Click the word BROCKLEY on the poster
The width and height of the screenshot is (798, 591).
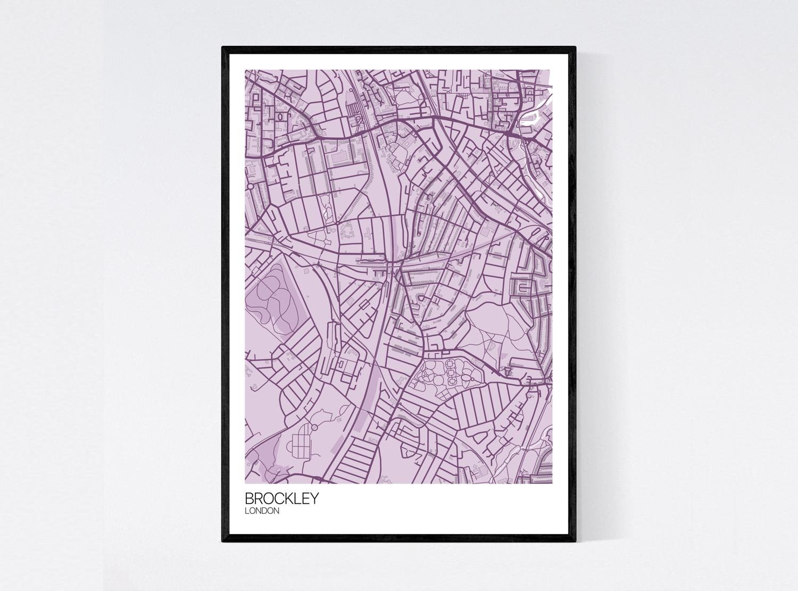(281, 499)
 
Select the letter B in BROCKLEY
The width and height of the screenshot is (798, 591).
(249, 499)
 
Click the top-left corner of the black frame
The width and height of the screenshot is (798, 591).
(223, 48)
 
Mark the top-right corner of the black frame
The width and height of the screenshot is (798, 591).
(575, 48)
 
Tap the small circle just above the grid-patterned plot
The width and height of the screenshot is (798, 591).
(314, 427)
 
